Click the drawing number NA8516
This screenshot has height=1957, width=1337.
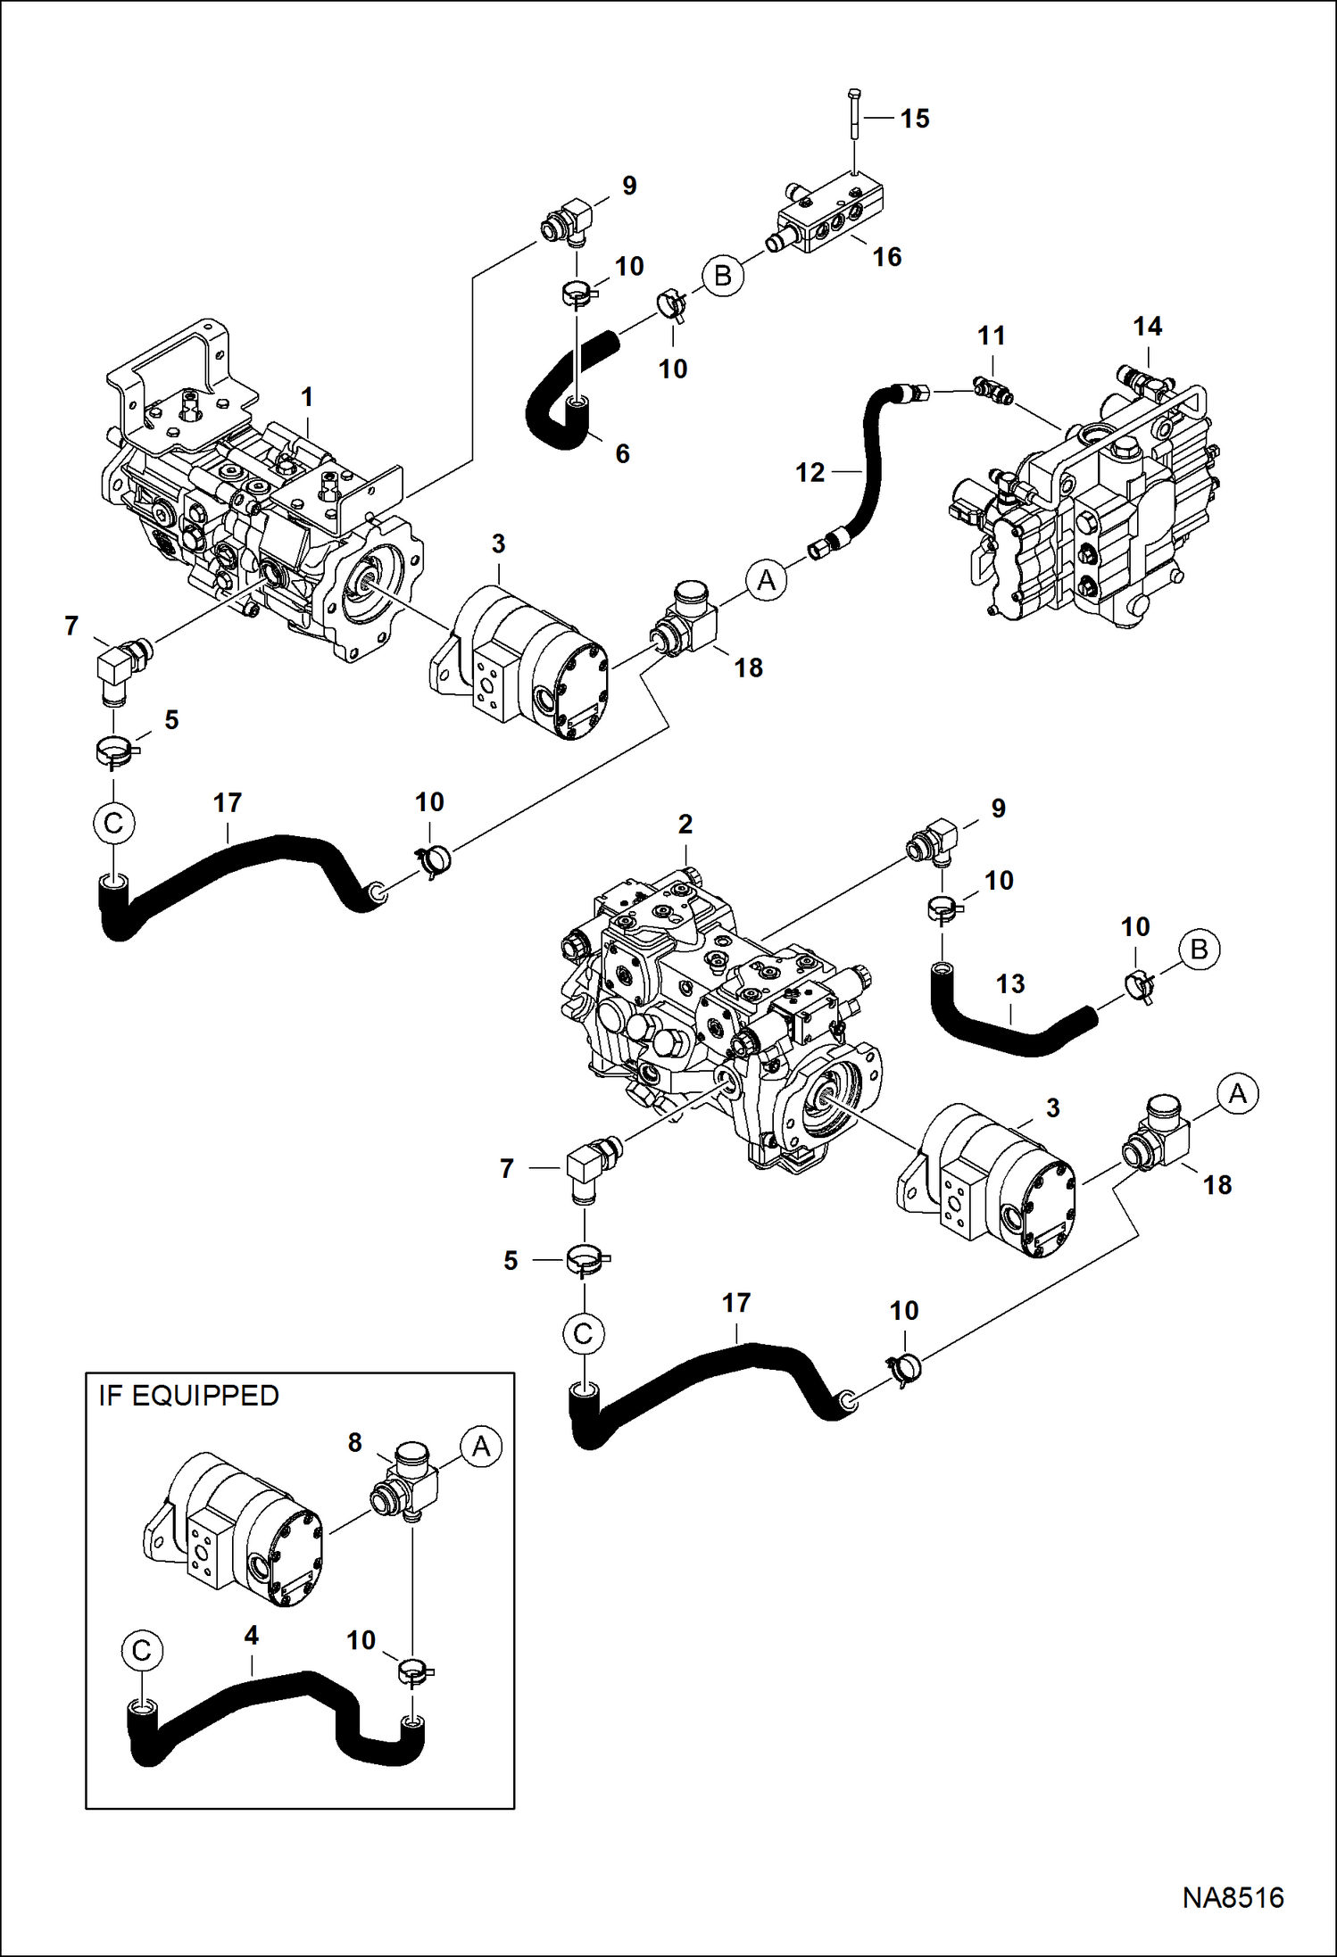1233,1897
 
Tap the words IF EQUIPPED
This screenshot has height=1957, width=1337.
188,1396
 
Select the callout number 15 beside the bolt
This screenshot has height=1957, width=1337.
915,119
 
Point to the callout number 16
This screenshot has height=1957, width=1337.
886,257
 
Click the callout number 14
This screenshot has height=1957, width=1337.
1147,327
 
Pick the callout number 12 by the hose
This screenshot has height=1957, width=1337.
810,472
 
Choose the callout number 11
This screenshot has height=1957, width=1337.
991,336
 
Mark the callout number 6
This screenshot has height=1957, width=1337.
622,453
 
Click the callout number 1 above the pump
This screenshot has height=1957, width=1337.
307,397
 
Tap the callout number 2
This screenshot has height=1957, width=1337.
685,824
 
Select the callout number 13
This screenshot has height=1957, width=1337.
1010,984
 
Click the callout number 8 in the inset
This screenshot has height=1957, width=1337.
354,1442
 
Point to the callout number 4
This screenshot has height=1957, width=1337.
251,1635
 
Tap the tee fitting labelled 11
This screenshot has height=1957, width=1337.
992,390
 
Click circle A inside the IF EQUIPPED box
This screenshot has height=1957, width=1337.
480,1446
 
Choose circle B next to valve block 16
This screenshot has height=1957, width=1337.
722,276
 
